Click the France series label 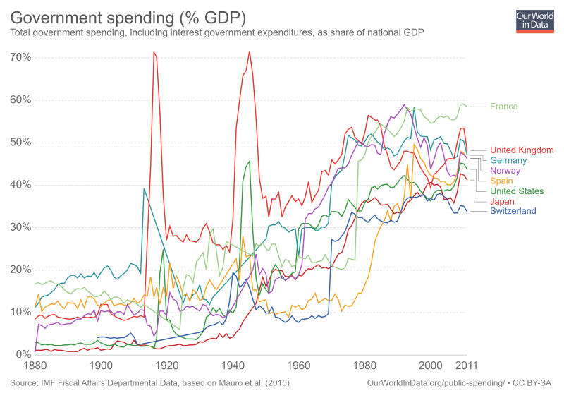pyautogui.click(x=503, y=107)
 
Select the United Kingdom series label pyautogui.click(x=522, y=150)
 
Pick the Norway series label pyautogui.click(x=505, y=171)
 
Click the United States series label pyautogui.click(x=517, y=191)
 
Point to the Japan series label pyautogui.click(x=503, y=201)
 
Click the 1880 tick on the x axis pyautogui.click(x=35, y=366)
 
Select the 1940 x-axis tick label pyautogui.click(x=233, y=366)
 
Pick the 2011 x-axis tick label pyautogui.click(x=466, y=366)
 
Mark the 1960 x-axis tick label pyautogui.click(x=299, y=366)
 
